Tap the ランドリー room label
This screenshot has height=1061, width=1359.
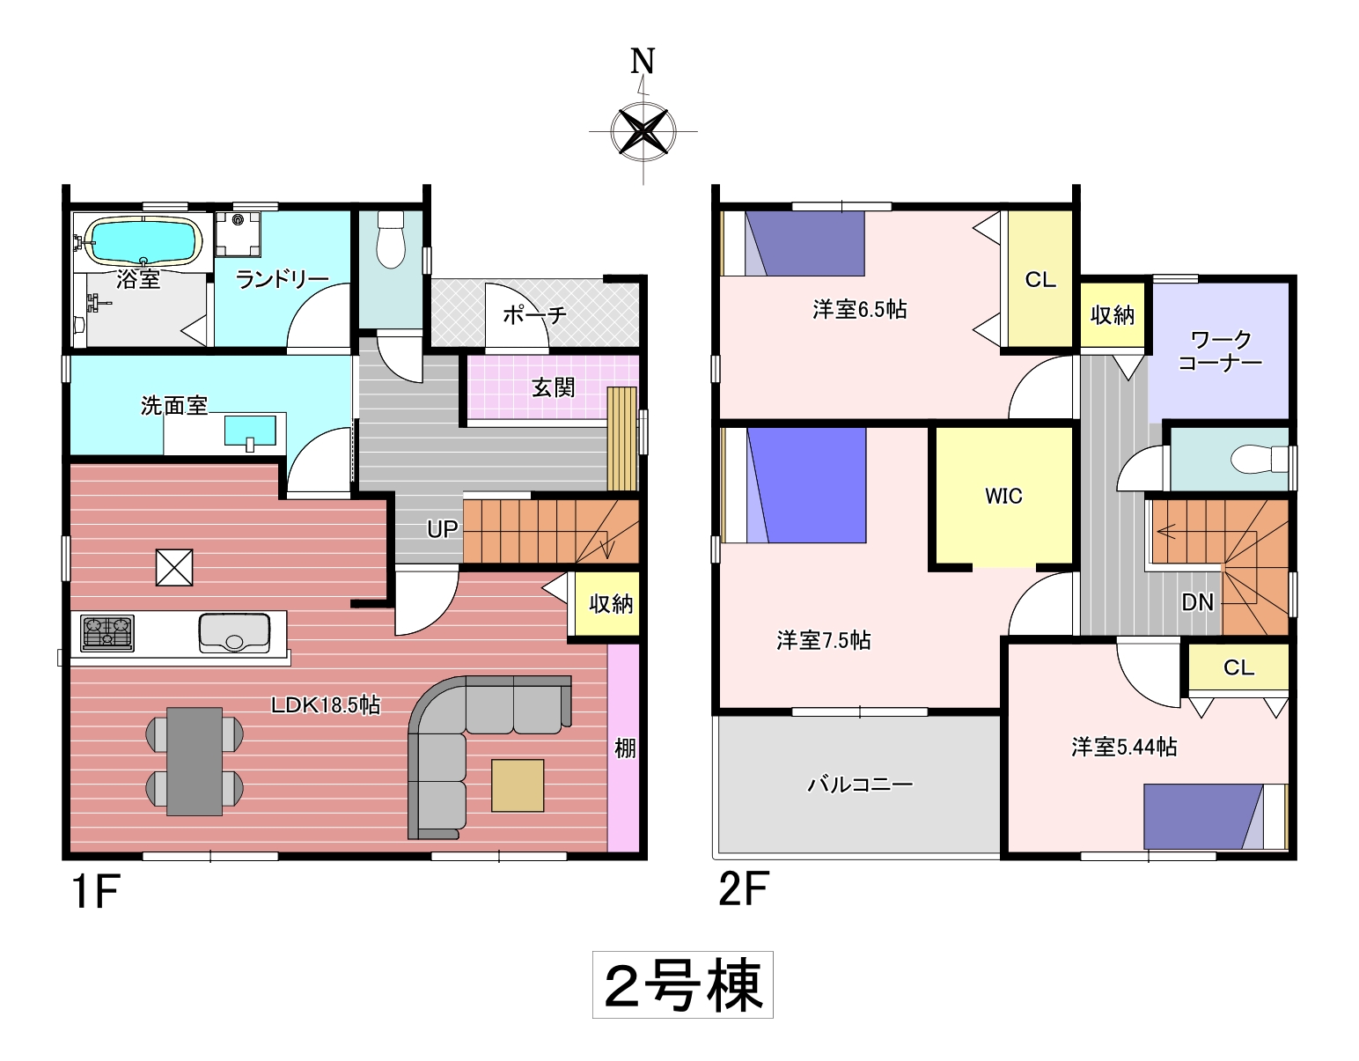(x=282, y=280)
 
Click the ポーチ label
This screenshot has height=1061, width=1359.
(x=535, y=314)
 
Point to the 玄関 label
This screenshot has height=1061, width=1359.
(x=554, y=387)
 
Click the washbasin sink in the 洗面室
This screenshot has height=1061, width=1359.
(x=250, y=431)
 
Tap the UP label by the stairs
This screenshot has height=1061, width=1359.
(x=442, y=529)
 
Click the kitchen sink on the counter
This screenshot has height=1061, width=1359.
(x=234, y=633)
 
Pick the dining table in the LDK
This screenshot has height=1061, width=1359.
(x=195, y=762)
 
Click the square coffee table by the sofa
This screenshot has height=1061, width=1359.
(x=518, y=785)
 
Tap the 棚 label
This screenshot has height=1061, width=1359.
(x=625, y=748)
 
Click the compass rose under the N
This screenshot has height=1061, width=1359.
(x=643, y=131)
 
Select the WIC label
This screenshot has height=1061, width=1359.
(x=1003, y=496)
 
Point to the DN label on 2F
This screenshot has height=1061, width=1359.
(x=1198, y=602)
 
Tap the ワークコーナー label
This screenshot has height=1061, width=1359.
(x=1220, y=351)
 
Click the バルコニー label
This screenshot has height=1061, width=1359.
(x=860, y=784)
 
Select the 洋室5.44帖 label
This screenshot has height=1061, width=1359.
(x=1124, y=747)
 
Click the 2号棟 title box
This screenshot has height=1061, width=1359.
(x=683, y=985)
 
